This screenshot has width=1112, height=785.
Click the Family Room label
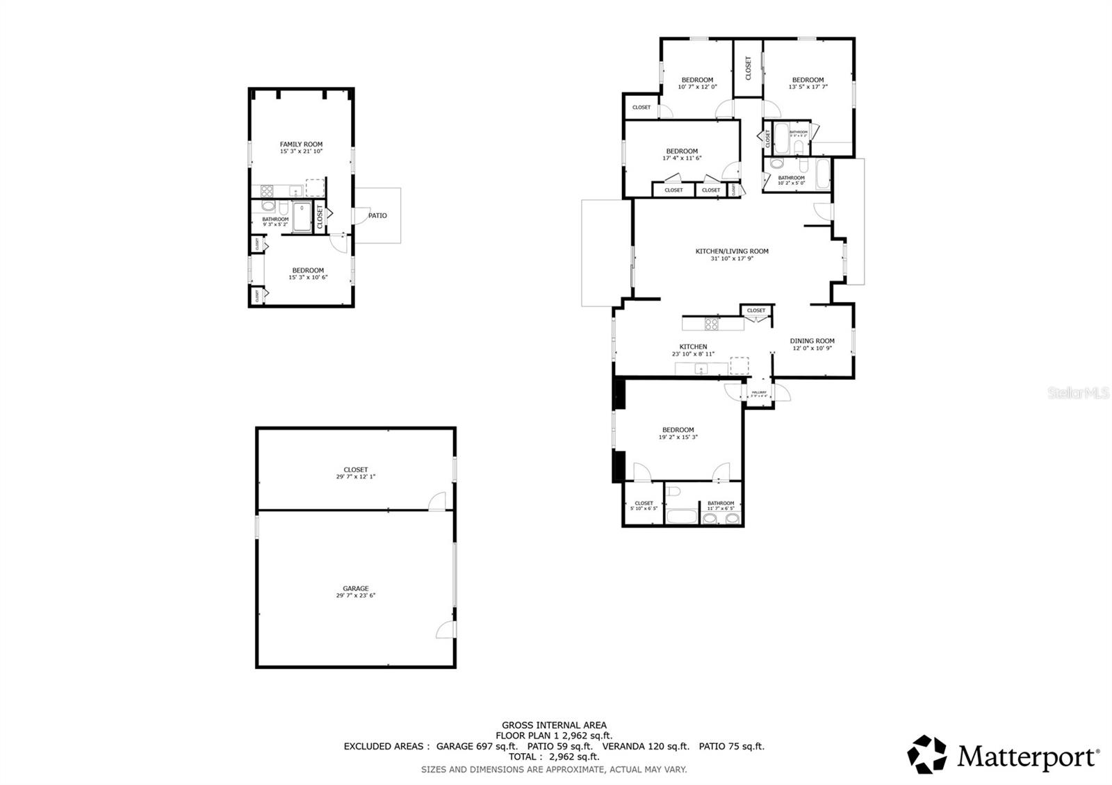coord(301,144)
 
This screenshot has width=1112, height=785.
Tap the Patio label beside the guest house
coord(377,215)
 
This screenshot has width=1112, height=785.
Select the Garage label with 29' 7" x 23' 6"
coord(355,588)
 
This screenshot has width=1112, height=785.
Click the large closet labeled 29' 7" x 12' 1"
coord(355,470)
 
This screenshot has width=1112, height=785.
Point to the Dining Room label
coord(812,341)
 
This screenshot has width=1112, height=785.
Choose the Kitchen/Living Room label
coord(732,251)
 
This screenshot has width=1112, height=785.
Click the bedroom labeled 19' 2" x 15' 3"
coord(678,430)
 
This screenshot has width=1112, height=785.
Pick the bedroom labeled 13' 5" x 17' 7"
coord(808,80)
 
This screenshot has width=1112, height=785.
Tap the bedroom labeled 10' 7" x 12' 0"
coord(697,80)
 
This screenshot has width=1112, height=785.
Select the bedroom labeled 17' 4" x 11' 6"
coord(682,151)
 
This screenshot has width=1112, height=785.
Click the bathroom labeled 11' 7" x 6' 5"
coord(721,504)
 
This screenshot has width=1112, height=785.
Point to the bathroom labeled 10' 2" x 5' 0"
coord(791,178)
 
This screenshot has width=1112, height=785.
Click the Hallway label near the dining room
coord(759,392)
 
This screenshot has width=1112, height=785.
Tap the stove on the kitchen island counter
coord(712,323)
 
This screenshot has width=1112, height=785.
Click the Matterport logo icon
coord(927,754)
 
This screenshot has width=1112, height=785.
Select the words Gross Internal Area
coord(554,725)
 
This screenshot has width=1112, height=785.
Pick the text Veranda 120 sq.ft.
coord(646,746)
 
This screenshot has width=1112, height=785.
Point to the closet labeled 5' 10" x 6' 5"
coord(644,504)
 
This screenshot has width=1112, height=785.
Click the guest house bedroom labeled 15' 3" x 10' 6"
coord(308,271)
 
